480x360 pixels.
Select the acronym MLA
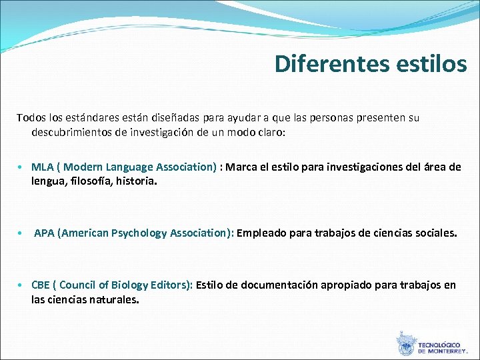click(43, 167)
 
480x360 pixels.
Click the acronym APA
click(45, 233)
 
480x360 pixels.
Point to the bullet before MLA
click(22, 167)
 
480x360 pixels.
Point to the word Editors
click(173, 285)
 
